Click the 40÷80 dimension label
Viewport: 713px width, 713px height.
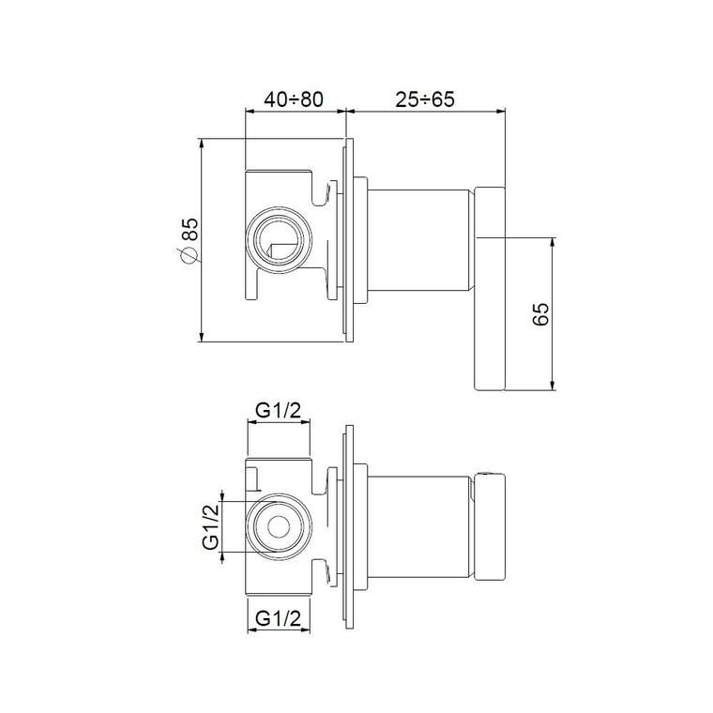point(294,99)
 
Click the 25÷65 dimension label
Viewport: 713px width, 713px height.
point(425,99)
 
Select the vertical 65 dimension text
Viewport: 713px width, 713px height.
point(540,313)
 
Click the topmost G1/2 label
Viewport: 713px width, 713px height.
point(279,410)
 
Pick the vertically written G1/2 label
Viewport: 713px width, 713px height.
point(211,527)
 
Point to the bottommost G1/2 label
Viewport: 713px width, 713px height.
point(279,618)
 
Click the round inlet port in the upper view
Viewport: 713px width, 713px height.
point(279,239)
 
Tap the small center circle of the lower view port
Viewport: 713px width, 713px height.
point(279,527)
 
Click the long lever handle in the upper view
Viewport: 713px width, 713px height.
point(490,288)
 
